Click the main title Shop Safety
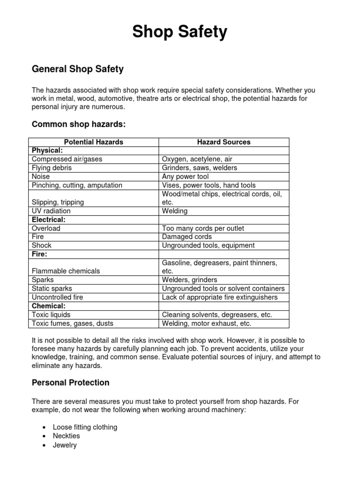pos(180,32)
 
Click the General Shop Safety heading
pos(77,69)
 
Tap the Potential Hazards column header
pos(94,142)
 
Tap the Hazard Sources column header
pos(224,142)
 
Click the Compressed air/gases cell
pos(67,159)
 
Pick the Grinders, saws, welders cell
pos(199,168)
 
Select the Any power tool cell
pos(185,177)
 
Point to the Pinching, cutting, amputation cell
pos(77,185)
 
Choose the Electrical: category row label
pos(48,219)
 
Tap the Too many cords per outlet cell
pos(202,228)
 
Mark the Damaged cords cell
pos(187,237)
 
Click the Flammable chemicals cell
pos(66,271)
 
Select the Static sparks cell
pos(52,288)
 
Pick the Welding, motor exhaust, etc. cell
pos(206,323)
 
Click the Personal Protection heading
pos(70,382)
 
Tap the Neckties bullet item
pos(67,436)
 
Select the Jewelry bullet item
pos(65,445)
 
